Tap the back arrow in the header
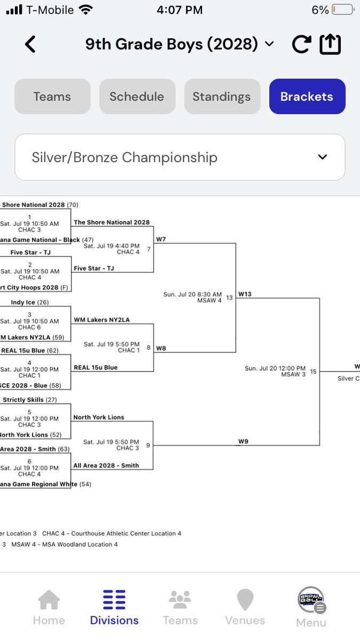click(x=30, y=44)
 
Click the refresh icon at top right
click(x=301, y=44)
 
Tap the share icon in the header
click(x=330, y=44)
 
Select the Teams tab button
click(x=52, y=97)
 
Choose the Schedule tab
click(x=137, y=97)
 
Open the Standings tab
click(x=222, y=97)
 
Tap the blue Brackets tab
click(x=307, y=97)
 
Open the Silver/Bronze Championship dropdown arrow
click(x=322, y=157)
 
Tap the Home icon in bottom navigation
click(x=49, y=602)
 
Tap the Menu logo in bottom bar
click(x=311, y=602)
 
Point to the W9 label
click(x=243, y=441)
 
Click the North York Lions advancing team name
click(x=99, y=418)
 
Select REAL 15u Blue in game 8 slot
click(x=95, y=367)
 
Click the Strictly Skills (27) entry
click(x=30, y=399)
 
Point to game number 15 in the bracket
click(x=313, y=371)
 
